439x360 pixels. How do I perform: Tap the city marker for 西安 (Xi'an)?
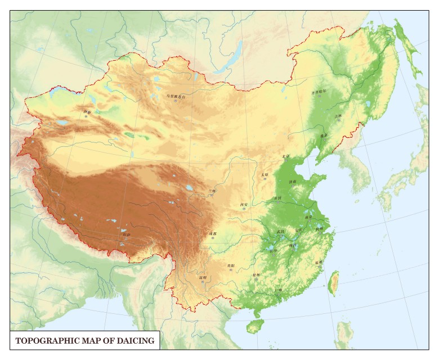tap(244, 209)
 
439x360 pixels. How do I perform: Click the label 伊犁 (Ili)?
tap(86, 112)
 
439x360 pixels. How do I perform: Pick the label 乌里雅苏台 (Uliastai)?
tap(176, 96)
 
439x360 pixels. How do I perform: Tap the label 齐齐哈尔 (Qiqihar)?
tap(319, 92)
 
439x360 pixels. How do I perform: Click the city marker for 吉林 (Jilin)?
tap(338, 120)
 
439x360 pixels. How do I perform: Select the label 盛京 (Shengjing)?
tap(324, 135)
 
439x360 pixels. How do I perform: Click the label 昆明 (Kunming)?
tap(203, 277)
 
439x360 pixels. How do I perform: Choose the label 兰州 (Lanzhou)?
tap(212, 191)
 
